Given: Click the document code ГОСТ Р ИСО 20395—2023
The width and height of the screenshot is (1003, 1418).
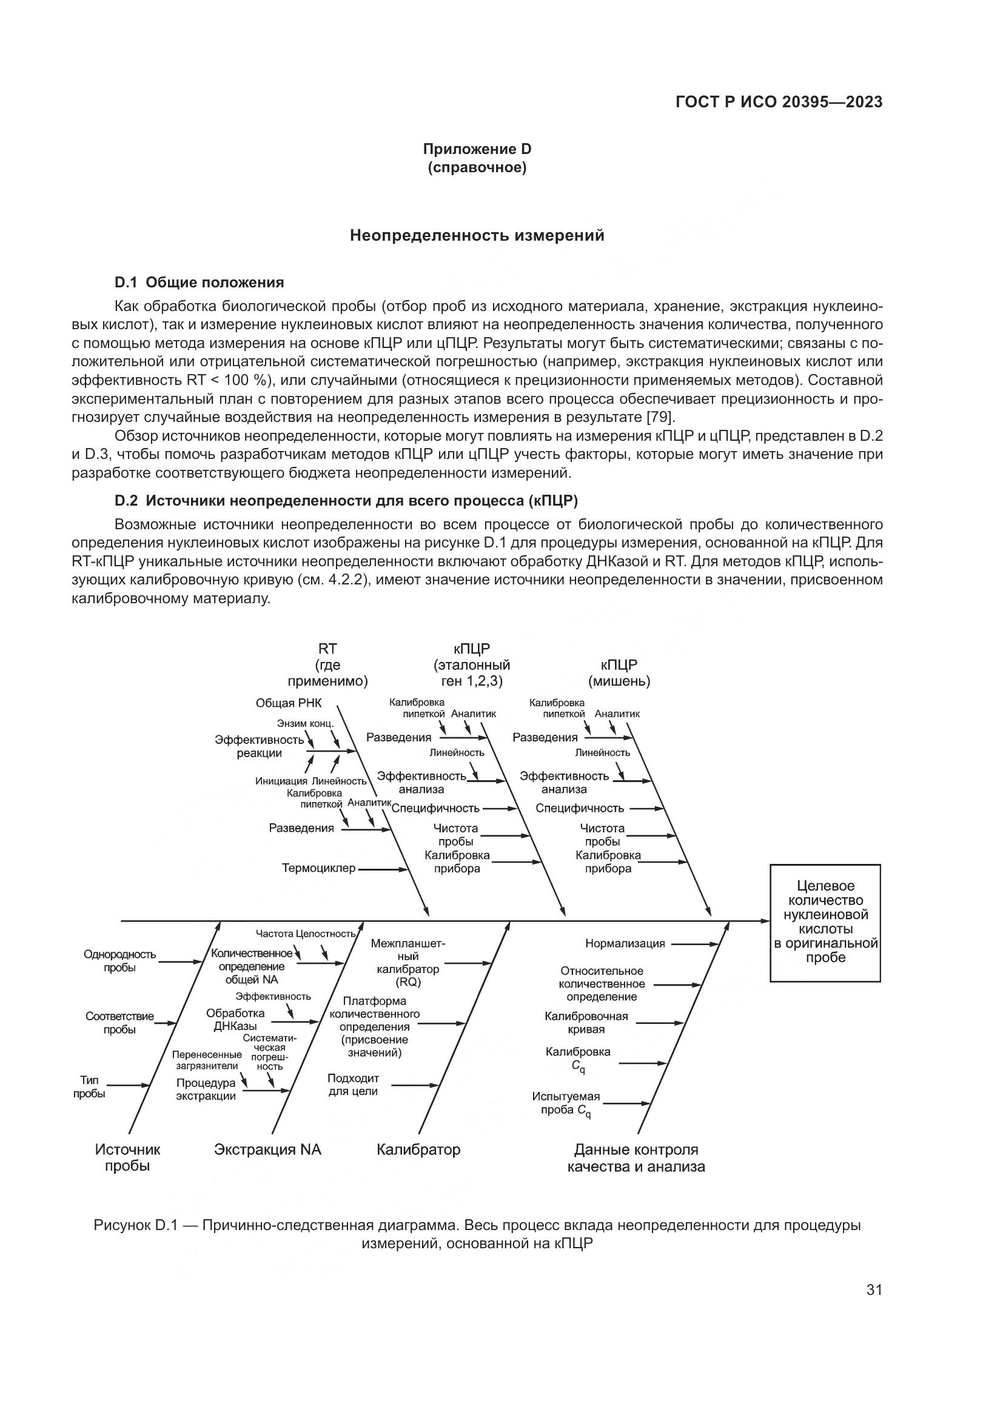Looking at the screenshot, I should point(779,102).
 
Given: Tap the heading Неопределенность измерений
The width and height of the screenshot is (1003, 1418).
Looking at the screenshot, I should point(477,235).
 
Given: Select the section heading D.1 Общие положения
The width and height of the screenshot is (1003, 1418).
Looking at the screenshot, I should point(200,283).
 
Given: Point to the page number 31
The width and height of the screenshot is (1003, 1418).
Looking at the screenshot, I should point(874,1289).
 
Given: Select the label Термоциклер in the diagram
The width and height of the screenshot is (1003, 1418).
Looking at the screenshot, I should point(319,868).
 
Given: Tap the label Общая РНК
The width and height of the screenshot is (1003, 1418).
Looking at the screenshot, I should point(289,703).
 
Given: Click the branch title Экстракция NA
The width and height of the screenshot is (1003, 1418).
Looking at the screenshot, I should point(267,1149).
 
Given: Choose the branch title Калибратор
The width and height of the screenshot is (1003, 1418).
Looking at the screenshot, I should point(418,1149).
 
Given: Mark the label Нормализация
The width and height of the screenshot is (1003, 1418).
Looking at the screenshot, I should point(625,944).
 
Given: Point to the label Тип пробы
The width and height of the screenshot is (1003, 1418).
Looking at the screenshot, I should point(89,1087).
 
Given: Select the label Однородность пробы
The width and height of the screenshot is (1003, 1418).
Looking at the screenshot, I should point(120,961).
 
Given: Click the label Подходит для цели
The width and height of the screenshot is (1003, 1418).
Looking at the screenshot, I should point(353,1085).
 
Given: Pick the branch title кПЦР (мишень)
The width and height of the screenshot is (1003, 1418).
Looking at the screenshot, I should point(619,673).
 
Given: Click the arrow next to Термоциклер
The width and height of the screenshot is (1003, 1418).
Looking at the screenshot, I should point(383,869).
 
